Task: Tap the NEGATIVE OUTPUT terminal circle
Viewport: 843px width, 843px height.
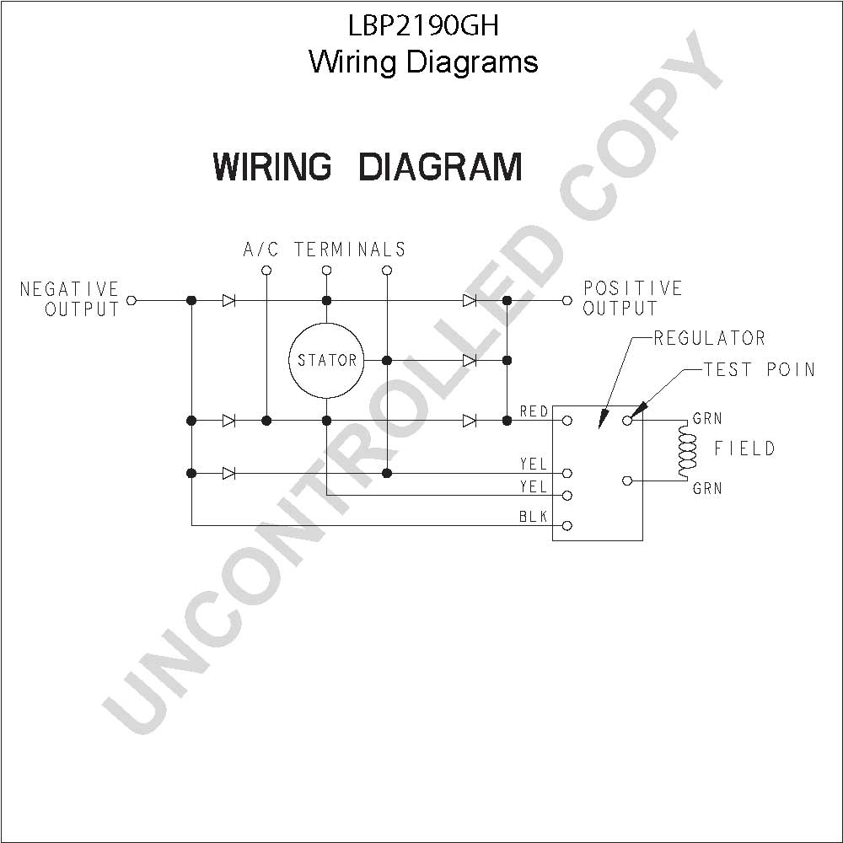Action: tap(132, 301)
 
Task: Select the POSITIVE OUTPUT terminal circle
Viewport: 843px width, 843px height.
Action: tap(566, 301)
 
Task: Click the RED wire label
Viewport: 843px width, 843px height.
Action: tap(534, 412)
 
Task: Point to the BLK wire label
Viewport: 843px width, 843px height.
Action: tap(533, 517)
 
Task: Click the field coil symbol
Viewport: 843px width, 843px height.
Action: tap(687, 450)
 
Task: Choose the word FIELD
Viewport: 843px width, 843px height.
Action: tap(744, 448)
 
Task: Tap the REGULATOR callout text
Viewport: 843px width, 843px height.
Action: tap(710, 338)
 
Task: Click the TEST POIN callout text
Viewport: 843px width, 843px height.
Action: tap(760, 369)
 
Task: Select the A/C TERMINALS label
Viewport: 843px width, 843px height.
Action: tap(325, 250)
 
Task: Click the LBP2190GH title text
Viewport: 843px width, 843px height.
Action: tap(424, 26)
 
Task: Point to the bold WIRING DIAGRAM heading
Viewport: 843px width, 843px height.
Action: tap(368, 167)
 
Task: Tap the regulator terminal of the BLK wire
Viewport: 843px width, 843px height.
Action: tap(566, 525)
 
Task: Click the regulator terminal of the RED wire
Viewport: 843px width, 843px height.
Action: tap(566, 421)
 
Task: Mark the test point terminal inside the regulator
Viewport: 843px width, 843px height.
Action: tap(627, 421)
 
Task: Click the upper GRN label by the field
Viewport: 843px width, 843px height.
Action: tap(707, 418)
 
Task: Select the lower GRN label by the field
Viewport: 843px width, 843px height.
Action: tap(707, 488)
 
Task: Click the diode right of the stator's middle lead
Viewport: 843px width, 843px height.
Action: tap(470, 360)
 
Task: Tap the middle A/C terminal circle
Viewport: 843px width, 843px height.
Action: tap(326, 270)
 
